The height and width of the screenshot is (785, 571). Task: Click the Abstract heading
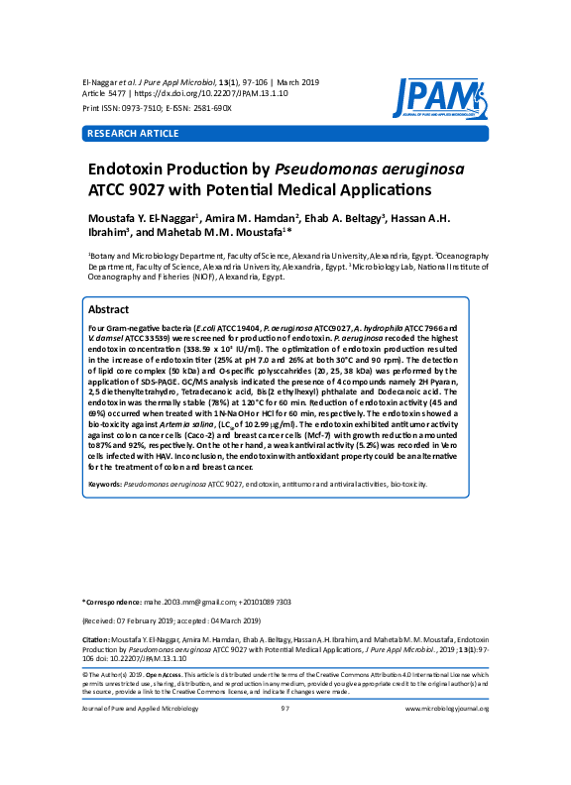tap(109, 309)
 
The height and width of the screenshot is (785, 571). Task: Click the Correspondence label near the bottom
tap(112, 602)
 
